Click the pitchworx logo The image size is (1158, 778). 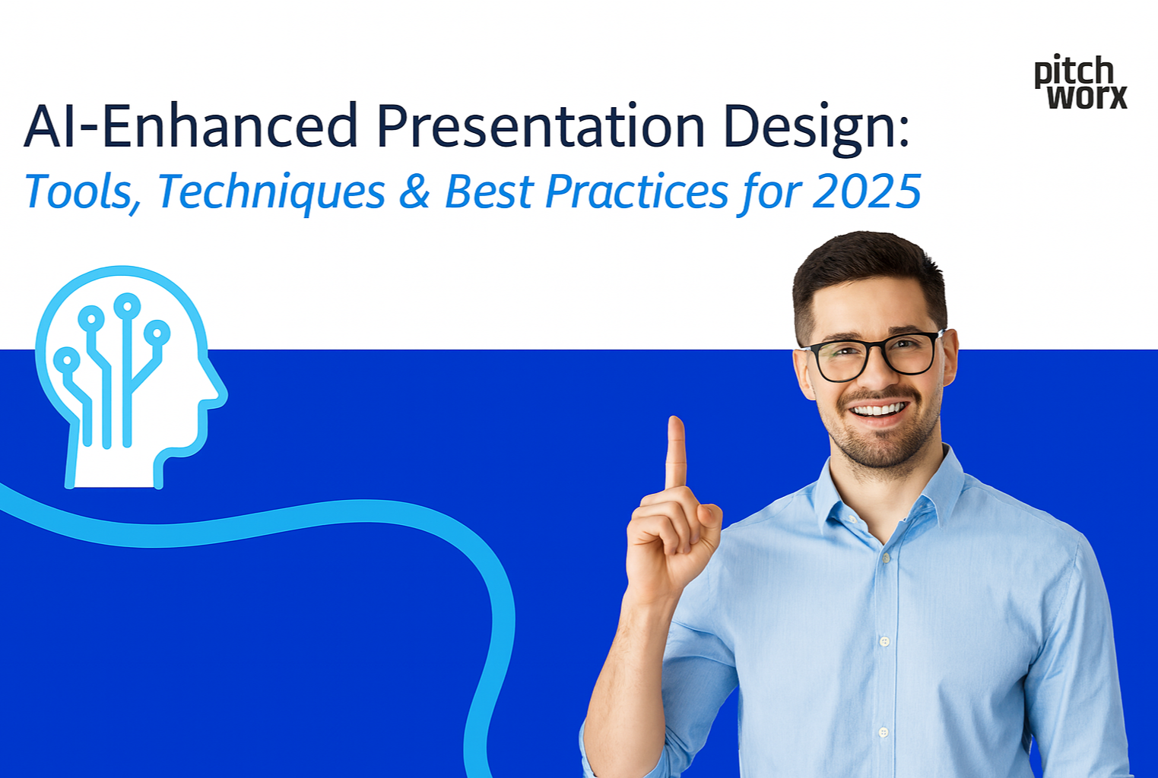coord(1080,82)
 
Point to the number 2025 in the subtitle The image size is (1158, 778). coord(867,191)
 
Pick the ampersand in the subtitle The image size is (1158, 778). coord(414,191)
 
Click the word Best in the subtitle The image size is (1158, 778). coord(489,191)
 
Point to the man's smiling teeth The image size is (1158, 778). coord(879,410)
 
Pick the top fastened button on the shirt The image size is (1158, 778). coord(886,558)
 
